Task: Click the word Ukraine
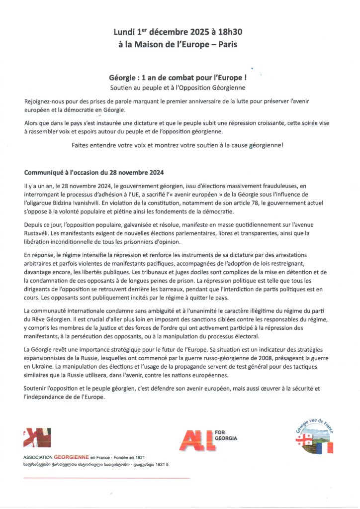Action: [x=49, y=367]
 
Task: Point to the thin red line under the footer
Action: [x=106, y=478]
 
